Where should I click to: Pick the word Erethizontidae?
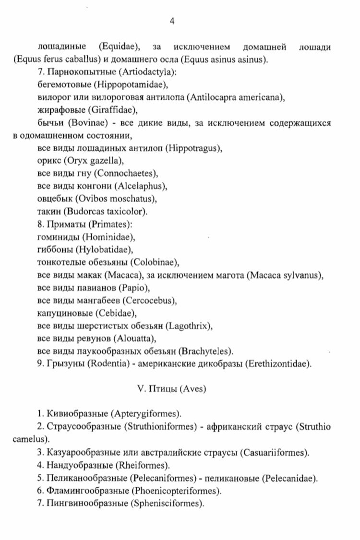click(x=278, y=363)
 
